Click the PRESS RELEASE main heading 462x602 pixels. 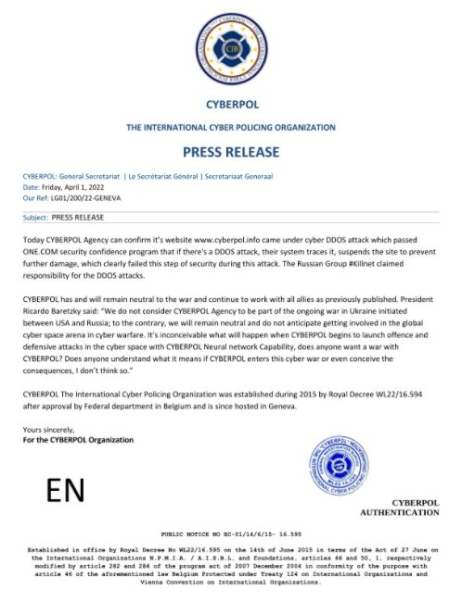230,151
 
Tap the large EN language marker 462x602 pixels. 66,489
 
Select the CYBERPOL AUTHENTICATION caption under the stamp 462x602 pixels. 399,508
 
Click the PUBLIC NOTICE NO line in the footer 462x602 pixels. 231,535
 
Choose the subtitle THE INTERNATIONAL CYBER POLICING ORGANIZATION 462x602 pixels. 230,126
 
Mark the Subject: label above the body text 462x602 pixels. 35,217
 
